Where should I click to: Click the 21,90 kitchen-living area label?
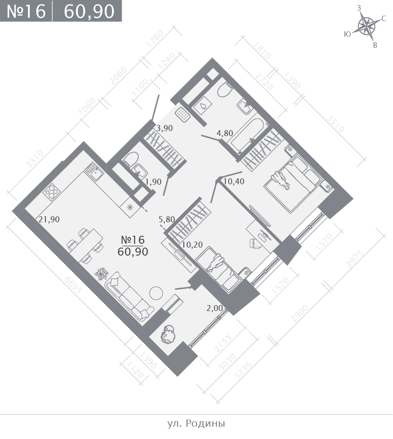coord(49,219)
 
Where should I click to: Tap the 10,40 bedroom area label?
coord(234,181)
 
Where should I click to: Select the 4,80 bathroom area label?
coord(225,133)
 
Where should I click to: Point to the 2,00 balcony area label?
coord(215,308)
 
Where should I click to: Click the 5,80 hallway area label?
coord(166,219)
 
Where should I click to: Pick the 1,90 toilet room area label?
coord(153,182)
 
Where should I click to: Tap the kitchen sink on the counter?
coord(94,172)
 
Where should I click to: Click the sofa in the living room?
coord(129,296)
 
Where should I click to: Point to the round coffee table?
coord(156,293)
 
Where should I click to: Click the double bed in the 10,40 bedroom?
coord(292,183)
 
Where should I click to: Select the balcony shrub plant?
coord(168,334)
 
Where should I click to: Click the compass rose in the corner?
coord(366,27)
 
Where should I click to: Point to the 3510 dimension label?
coord(335,123)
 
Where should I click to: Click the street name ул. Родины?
coord(196,424)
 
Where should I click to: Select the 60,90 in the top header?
coord(89,11)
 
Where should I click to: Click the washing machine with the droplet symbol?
coord(203,106)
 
